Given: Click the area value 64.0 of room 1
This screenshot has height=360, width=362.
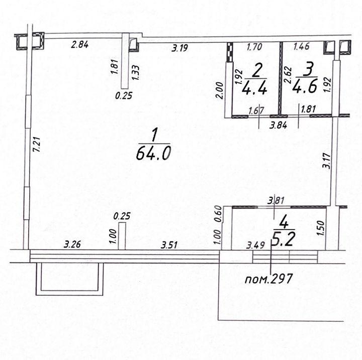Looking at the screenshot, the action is point(153,153).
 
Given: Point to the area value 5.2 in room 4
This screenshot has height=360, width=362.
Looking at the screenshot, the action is point(284,239).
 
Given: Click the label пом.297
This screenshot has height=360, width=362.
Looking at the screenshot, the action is point(268,279).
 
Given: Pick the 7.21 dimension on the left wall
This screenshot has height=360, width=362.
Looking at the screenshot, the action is point(37,145).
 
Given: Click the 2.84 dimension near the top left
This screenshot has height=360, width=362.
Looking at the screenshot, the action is point(79,45).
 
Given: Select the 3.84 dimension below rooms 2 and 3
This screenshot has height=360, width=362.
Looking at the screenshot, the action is point(279,125).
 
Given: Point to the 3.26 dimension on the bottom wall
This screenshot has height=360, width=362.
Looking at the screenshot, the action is point(72,244).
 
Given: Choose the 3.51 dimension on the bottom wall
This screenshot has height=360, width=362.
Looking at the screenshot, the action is point(169,245).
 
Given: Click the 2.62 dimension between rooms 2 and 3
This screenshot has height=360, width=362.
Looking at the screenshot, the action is point(288,75).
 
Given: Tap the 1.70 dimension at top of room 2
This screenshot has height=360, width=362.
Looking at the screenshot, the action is point(254,47).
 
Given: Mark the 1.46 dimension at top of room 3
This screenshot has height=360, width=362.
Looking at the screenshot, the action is point(301,46).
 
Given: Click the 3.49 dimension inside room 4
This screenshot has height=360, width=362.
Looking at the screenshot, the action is point(255,246).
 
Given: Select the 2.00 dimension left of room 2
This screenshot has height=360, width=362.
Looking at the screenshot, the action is point(220,91).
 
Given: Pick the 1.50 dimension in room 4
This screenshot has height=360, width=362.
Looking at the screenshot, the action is point(321,228).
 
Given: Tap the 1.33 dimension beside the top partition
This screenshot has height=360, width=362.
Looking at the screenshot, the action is point(136,73).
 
